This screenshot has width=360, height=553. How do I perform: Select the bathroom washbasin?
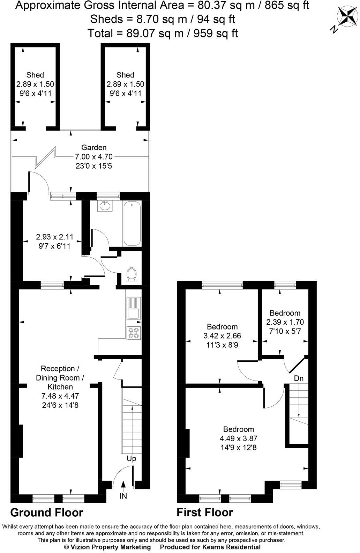tap(105, 206)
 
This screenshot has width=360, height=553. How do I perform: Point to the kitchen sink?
tap(133, 308)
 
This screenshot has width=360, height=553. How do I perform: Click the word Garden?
tap(94, 148)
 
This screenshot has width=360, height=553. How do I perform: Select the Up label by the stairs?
tap(131, 459)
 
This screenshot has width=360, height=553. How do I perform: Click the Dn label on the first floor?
tap(299, 378)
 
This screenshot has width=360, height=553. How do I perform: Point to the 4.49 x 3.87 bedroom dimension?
tap(239, 438)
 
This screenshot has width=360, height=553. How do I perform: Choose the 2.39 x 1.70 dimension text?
tap(285, 322)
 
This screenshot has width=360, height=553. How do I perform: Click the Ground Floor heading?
tap(47, 513)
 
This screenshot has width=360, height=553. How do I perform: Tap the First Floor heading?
tap(205, 513)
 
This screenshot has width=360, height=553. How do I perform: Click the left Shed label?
tap(35, 75)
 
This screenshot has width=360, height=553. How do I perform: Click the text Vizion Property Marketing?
tap(107, 547)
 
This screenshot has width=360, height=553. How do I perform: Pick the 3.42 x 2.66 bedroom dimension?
tap(222, 336)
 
